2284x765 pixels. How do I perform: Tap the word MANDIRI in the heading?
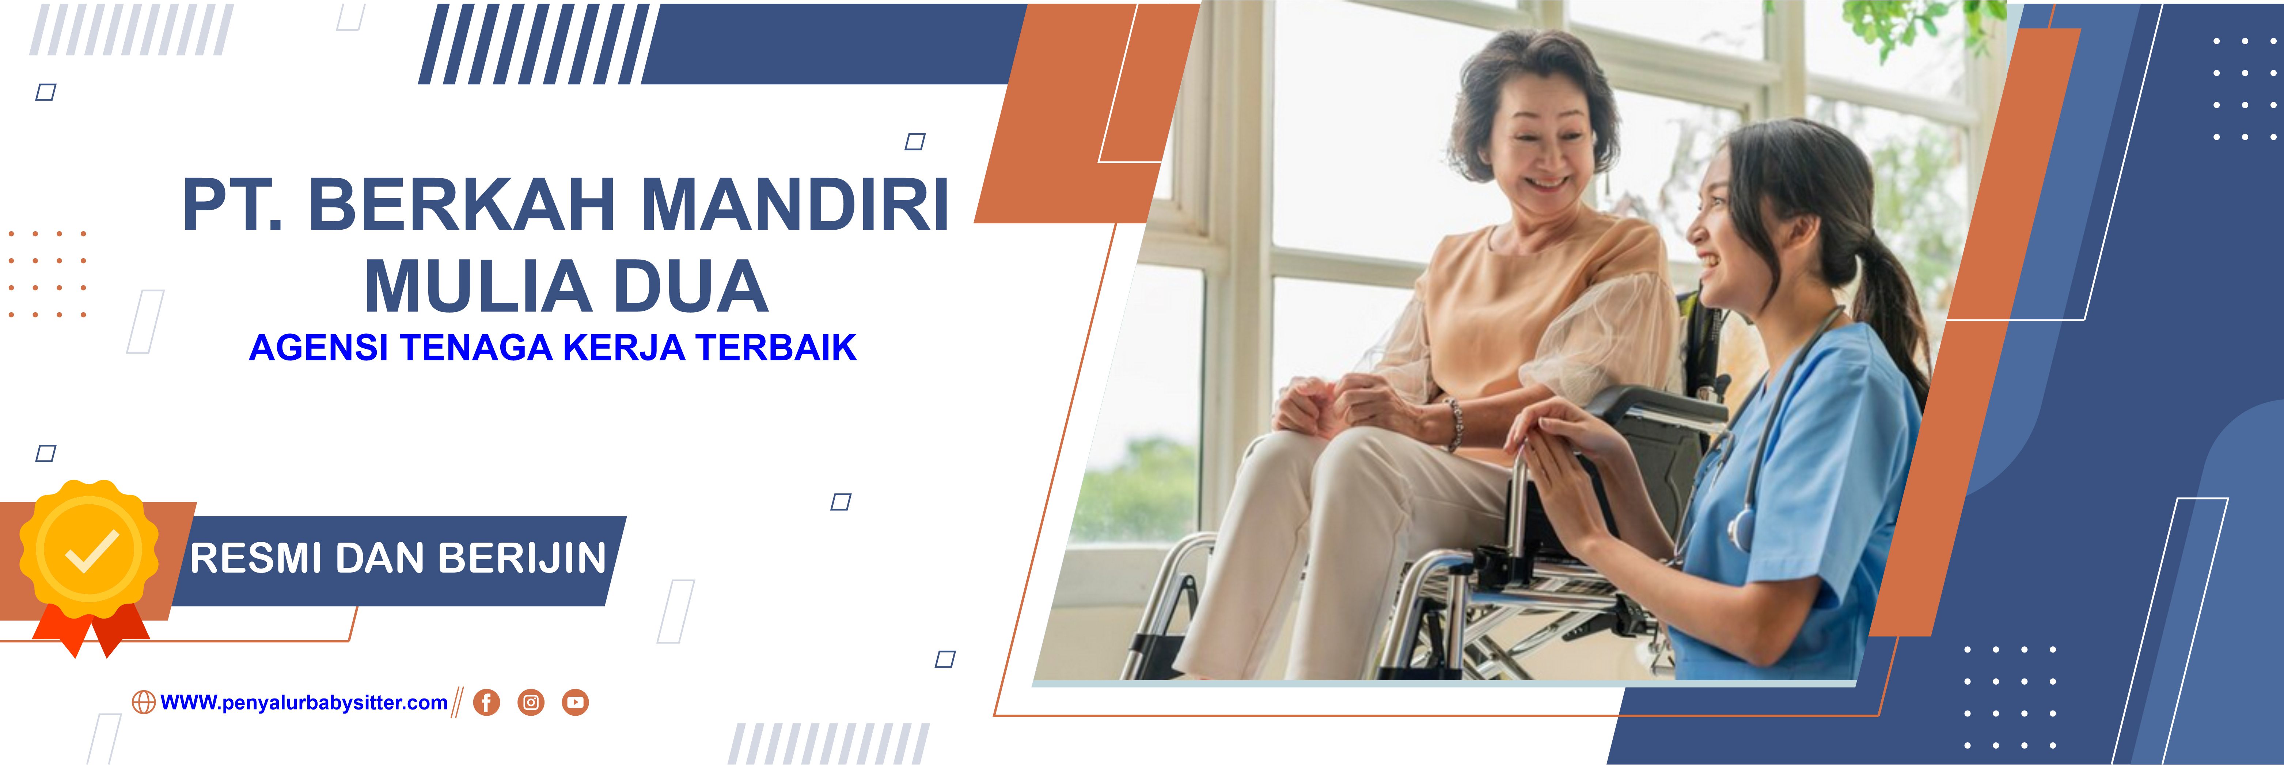coord(794,205)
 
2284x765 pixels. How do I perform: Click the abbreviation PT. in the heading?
coord(232,205)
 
